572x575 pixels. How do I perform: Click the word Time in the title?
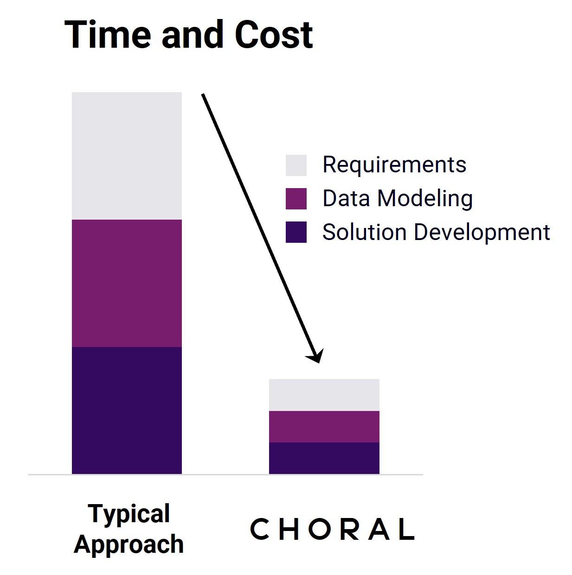pyautogui.click(x=108, y=34)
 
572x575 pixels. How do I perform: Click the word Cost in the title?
pyautogui.click(x=273, y=35)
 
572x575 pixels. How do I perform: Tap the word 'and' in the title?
pyautogui.click(x=193, y=34)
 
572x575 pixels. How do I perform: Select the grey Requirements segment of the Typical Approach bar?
pyautogui.click(x=127, y=156)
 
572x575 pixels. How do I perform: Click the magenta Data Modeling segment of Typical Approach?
pyautogui.click(x=127, y=283)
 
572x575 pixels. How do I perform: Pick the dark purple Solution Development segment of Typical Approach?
pyautogui.click(x=127, y=411)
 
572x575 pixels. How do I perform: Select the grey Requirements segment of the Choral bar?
pyautogui.click(x=324, y=395)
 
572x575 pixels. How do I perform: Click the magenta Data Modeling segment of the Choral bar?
pyautogui.click(x=324, y=427)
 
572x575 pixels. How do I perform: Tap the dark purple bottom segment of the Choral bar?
pyautogui.click(x=324, y=458)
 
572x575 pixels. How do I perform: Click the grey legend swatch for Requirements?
pyautogui.click(x=296, y=165)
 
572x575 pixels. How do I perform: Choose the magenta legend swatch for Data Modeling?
pyautogui.click(x=296, y=199)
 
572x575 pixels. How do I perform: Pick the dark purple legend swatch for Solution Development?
pyautogui.click(x=296, y=232)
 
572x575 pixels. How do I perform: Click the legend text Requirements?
pyautogui.click(x=394, y=165)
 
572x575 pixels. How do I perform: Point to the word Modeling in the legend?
pyautogui.click(x=424, y=199)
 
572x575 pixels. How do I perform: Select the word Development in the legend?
pyautogui.click(x=482, y=233)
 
